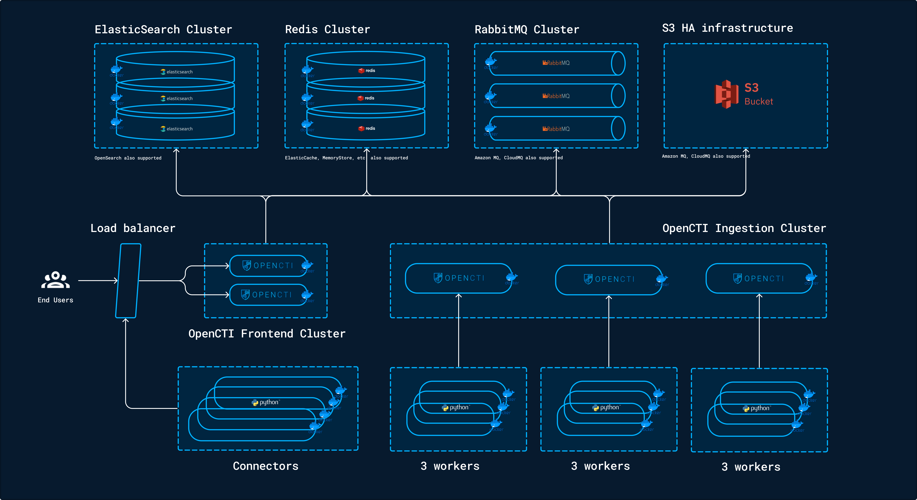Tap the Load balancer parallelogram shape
(128, 281)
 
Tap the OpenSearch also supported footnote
(128, 158)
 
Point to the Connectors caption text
(266, 466)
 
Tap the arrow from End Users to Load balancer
(98, 281)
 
